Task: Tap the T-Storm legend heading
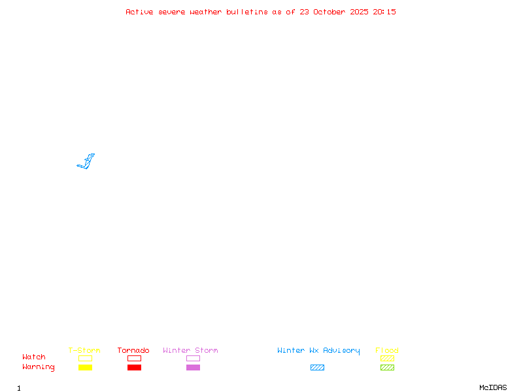(x=84, y=351)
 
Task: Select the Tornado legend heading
(x=133, y=351)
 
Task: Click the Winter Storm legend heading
(x=190, y=351)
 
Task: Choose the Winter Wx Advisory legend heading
(x=318, y=351)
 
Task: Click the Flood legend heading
(x=387, y=351)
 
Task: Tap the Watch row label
(x=34, y=357)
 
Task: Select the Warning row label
(x=39, y=367)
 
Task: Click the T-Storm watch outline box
(x=85, y=358)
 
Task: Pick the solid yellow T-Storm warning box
(x=85, y=367)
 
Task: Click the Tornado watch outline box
(x=134, y=358)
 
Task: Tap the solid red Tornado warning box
(x=134, y=367)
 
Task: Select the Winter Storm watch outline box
(x=193, y=358)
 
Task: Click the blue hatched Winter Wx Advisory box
(x=317, y=367)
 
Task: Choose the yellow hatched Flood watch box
(x=387, y=358)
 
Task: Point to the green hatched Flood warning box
(x=387, y=367)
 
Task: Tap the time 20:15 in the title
(x=384, y=12)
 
